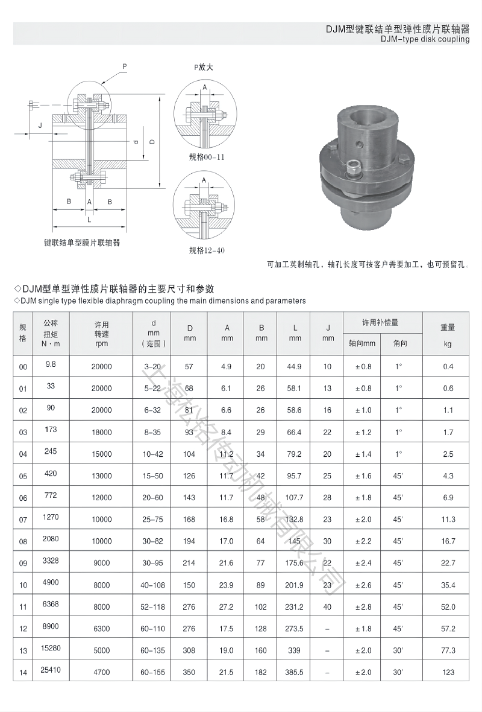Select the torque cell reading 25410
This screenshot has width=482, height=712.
(x=51, y=669)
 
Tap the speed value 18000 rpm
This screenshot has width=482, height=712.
(x=102, y=432)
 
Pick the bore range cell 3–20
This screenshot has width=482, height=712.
(x=153, y=366)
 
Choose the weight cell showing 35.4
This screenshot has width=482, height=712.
(x=448, y=585)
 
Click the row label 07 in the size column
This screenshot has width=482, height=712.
(x=23, y=520)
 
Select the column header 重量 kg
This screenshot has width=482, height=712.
(x=448, y=332)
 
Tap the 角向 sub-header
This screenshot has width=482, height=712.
(x=400, y=343)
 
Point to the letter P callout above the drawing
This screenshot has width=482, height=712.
(x=125, y=66)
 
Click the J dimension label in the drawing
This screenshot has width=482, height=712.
(x=40, y=125)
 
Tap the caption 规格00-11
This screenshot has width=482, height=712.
(x=205, y=159)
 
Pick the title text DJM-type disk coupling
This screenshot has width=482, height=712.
(x=425, y=39)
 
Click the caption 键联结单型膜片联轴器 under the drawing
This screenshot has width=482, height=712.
(x=82, y=243)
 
